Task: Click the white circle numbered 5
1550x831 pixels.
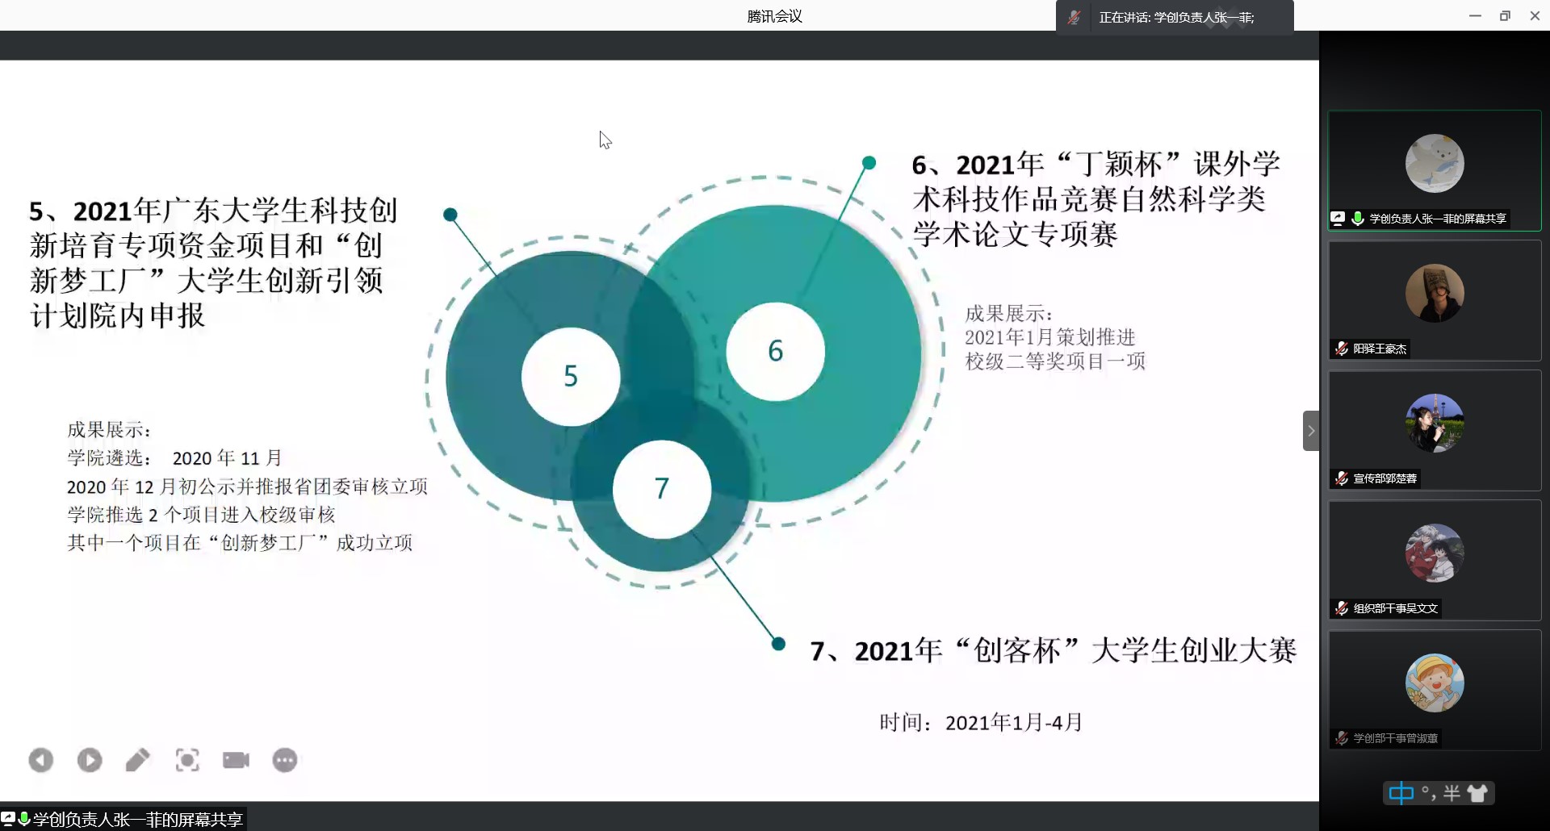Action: tap(571, 377)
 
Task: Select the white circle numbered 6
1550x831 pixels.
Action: tap(775, 351)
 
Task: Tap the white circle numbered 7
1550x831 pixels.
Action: tap(662, 489)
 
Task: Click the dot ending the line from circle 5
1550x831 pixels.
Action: tap(450, 215)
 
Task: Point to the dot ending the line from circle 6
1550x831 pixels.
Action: tap(869, 163)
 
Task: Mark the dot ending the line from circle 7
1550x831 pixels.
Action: tap(778, 643)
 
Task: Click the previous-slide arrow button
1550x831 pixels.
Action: tap(41, 760)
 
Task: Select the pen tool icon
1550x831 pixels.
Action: tap(138, 760)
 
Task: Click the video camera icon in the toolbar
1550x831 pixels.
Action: tap(236, 760)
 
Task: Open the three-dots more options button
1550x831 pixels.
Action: tap(285, 760)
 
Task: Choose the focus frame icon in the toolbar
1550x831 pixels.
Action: tap(187, 760)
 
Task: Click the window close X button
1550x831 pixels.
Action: tap(1535, 16)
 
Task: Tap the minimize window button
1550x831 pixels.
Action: tap(1475, 16)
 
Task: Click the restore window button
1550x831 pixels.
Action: tap(1505, 16)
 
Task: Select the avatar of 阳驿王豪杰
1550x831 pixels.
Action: tap(1435, 293)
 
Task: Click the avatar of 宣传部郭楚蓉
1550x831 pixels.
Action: tap(1435, 423)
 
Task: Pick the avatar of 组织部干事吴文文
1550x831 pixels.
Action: tap(1435, 553)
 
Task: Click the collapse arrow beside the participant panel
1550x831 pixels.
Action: tap(1311, 431)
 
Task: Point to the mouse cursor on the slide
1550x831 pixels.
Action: tap(605, 140)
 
